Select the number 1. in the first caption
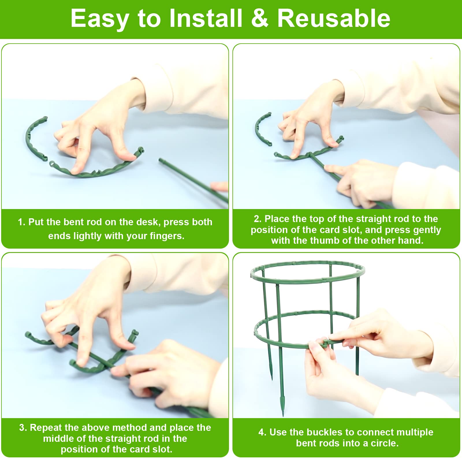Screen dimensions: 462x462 [22, 222]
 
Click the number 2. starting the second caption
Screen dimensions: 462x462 [258, 219]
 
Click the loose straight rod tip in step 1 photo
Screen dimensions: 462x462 [161, 159]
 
